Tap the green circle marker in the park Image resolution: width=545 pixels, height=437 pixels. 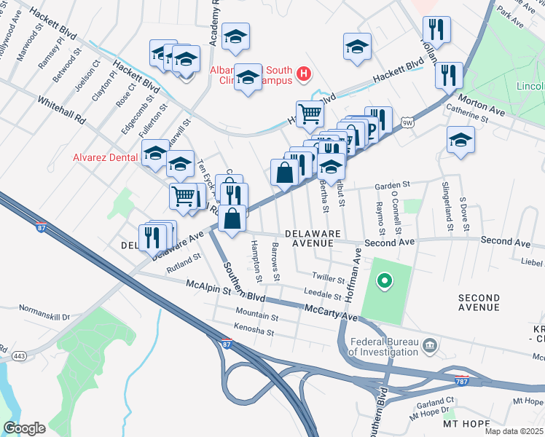pos(384,280)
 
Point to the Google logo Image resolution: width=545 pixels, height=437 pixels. pos(24,428)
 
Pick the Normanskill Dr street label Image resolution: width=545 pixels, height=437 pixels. pos(44,317)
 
